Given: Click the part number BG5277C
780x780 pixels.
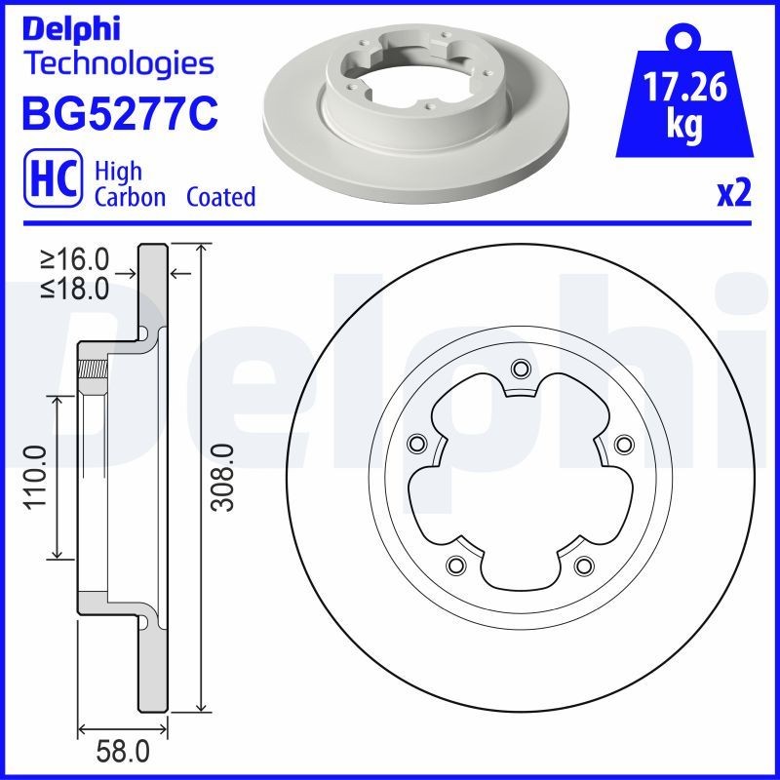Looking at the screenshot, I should pos(118,113).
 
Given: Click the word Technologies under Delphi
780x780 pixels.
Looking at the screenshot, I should pos(118,64).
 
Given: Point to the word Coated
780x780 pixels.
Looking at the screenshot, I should pos(220,197).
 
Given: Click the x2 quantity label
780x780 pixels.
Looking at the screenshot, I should pos(734,194).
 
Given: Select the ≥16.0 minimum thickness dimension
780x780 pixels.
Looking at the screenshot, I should pos(74,260).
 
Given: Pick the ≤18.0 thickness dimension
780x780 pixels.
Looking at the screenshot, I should pos(74,289).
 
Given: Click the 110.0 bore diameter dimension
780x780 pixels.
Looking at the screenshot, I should pos(34,476).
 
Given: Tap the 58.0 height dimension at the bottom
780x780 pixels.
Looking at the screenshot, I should pos(125,752).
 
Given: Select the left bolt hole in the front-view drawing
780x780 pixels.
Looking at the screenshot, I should pos(416,444).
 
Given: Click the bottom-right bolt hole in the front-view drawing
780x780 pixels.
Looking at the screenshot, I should pos(583,565).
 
